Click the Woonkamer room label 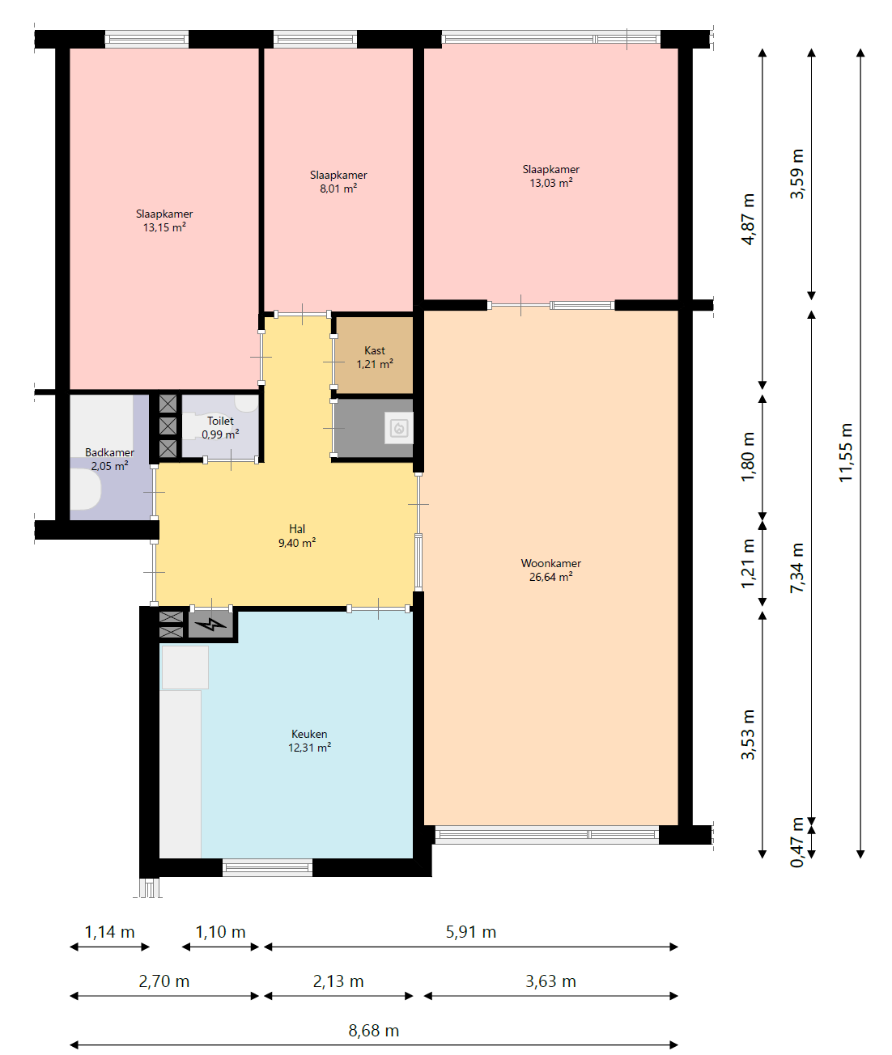click(x=550, y=563)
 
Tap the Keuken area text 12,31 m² click(x=309, y=748)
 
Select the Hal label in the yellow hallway click(x=297, y=528)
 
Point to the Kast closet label click(x=375, y=350)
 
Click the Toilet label click(x=220, y=421)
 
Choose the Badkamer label click(x=110, y=452)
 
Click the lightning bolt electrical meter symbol click(x=211, y=625)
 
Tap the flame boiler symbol click(x=399, y=429)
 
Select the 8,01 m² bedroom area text click(x=338, y=189)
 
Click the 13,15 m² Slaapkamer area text click(x=164, y=227)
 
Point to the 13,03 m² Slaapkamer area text click(x=551, y=183)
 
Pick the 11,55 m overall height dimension click(x=846, y=453)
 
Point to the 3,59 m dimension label click(x=797, y=174)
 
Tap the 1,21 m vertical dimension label click(x=748, y=563)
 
